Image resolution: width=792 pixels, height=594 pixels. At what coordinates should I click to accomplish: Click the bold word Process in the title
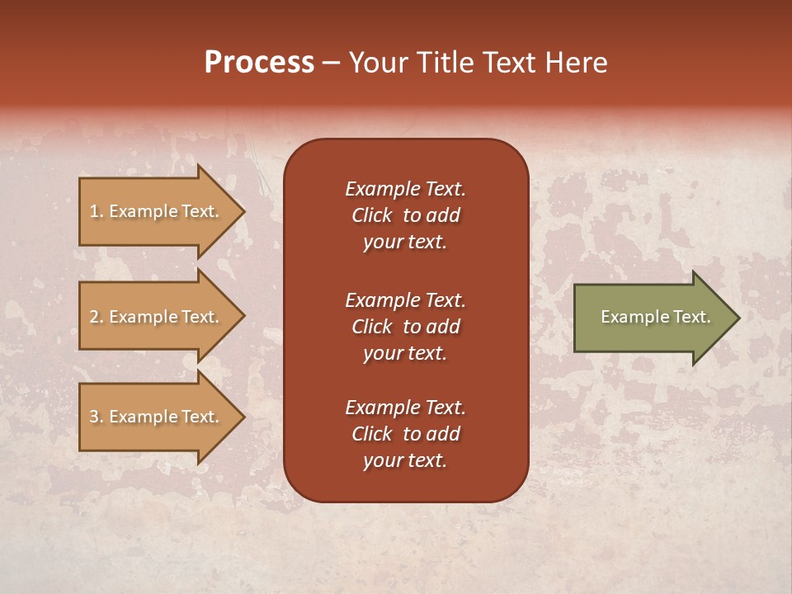(259, 63)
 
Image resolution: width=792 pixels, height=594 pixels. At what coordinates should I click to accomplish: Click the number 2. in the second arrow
(97, 317)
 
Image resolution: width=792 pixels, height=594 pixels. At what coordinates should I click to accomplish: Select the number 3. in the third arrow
(97, 417)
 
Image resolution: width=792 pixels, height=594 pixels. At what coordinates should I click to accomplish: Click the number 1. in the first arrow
(96, 211)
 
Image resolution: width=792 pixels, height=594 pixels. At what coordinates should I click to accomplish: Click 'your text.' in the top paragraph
(405, 242)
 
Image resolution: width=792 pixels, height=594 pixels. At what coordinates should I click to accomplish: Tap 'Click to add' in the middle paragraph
(405, 327)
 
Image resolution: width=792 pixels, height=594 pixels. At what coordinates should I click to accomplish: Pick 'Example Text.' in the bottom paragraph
(405, 408)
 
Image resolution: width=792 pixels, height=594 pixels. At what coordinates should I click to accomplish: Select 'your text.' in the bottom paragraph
(405, 460)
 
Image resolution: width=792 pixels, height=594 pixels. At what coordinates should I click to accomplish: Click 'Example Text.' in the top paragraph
(405, 189)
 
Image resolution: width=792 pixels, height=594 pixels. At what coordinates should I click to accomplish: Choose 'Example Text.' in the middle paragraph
(405, 300)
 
